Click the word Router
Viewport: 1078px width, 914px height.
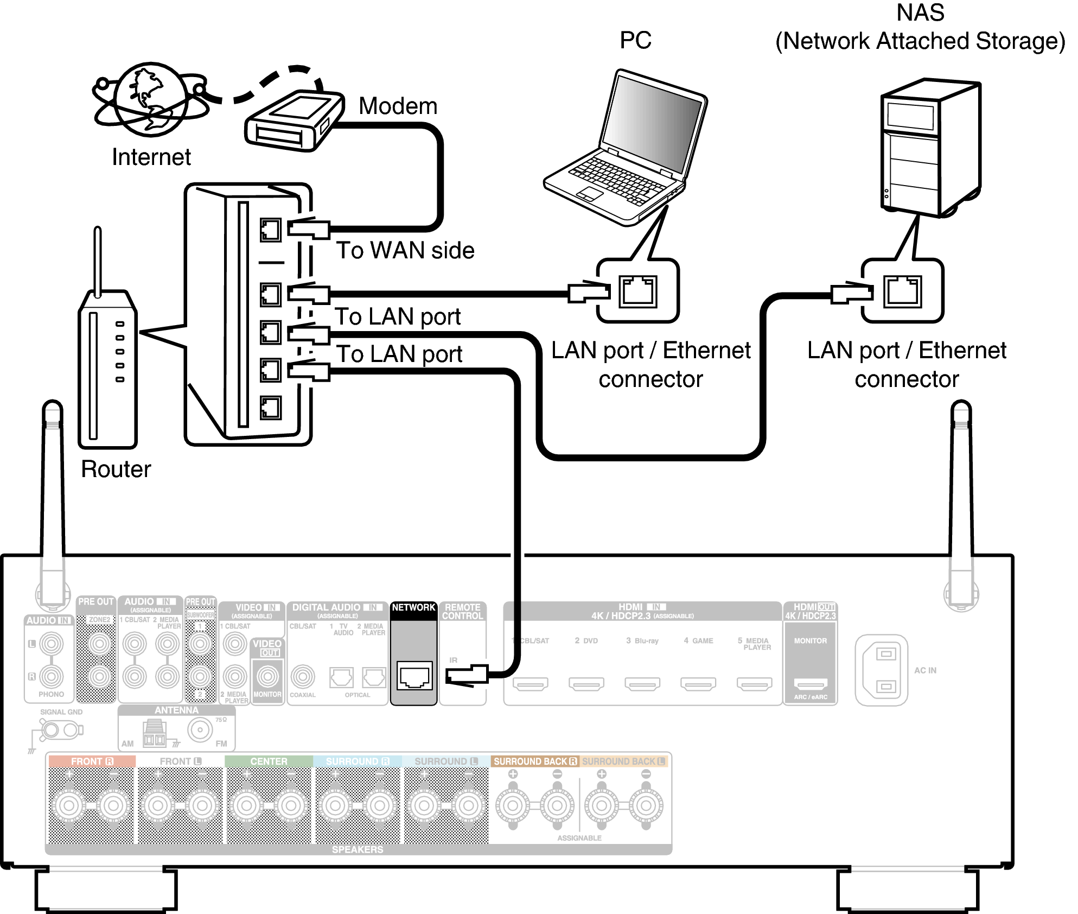click(x=116, y=469)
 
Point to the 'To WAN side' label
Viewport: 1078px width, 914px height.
click(x=405, y=250)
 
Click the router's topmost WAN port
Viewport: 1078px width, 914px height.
click(x=270, y=230)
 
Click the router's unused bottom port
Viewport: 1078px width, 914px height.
click(x=270, y=408)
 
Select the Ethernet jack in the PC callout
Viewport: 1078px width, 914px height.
click(x=638, y=291)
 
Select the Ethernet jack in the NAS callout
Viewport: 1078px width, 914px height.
click(x=902, y=291)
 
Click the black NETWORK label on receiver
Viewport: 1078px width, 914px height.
click(x=413, y=607)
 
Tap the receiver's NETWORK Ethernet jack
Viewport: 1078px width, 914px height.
click(x=414, y=676)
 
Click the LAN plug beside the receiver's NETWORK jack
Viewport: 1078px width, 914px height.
click(x=467, y=675)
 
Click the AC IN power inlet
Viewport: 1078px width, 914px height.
click(x=881, y=670)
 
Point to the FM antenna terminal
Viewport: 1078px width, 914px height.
click(x=200, y=730)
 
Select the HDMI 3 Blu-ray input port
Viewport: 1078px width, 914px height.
click(x=642, y=684)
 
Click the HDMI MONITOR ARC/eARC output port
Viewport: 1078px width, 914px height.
click(x=811, y=684)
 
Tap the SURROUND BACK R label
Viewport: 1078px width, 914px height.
click(x=534, y=761)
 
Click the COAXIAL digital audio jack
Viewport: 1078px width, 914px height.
click(x=303, y=676)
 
